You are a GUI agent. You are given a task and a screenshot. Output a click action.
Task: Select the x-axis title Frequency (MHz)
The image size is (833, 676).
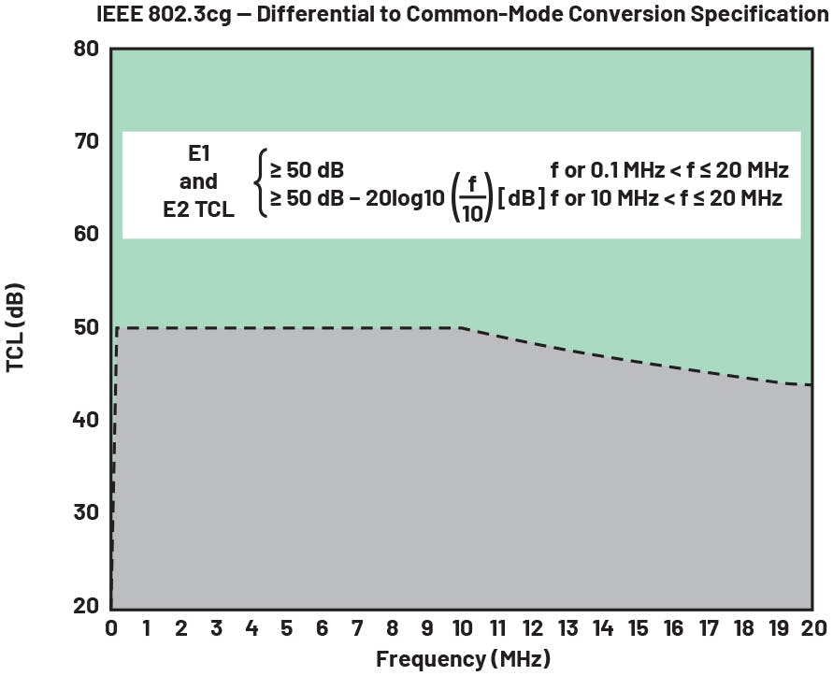click(463, 658)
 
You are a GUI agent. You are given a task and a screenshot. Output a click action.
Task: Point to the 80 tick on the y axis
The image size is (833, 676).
click(86, 49)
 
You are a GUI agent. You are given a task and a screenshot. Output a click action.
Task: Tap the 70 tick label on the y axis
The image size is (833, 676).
click(86, 141)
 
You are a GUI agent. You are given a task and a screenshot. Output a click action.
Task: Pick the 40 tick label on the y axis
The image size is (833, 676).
click(86, 420)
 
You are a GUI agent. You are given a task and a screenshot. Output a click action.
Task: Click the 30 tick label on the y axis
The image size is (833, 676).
click(86, 512)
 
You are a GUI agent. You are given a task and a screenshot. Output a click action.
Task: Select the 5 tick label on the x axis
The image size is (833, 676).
click(286, 627)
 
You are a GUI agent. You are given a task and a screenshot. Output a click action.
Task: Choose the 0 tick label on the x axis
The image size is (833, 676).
click(111, 627)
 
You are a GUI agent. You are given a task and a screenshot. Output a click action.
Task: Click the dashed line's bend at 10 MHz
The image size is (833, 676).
click(462, 327)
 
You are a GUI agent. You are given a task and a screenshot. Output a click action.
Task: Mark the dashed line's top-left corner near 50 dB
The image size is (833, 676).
click(117, 328)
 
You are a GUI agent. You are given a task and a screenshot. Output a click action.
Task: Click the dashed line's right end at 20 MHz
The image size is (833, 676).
click(811, 384)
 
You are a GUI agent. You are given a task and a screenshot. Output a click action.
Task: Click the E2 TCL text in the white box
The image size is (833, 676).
click(199, 211)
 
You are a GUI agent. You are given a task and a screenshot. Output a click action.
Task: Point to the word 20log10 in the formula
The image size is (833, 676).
click(406, 199)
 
